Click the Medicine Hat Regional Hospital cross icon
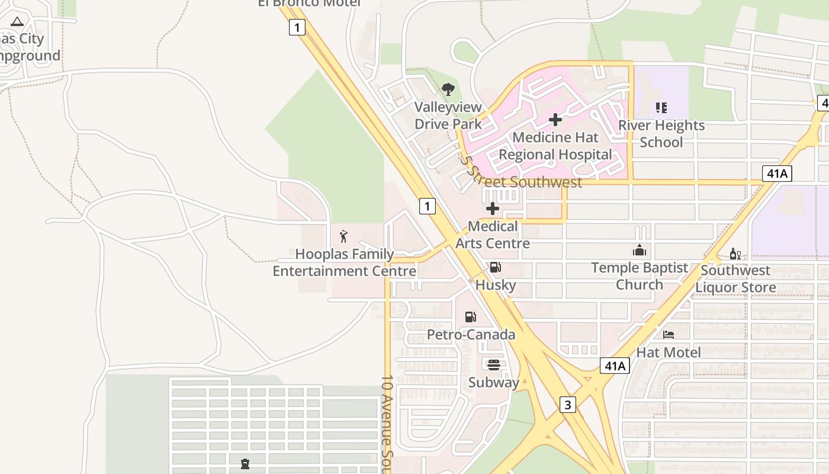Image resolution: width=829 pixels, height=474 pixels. tap(555, 120)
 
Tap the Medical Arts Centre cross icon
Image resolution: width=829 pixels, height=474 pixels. tap(492, 209)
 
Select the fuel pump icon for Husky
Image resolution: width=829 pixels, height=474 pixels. tap(495, 267)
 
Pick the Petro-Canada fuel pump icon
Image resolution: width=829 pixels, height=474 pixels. tap(470, 317)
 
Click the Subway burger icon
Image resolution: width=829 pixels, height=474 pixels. tap(494, 364)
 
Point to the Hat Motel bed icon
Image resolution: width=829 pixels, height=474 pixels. tap(669, 335)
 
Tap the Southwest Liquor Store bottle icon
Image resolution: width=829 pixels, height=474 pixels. tap(735, 254)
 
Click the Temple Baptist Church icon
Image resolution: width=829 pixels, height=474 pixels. tap(640, 250)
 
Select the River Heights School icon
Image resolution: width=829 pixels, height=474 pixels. tap(661, 108)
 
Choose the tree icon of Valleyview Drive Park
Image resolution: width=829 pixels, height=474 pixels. tap(448, 89)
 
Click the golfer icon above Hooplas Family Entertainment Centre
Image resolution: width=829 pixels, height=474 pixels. tap(344, 236)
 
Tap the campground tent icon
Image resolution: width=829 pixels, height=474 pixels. tap(17, 21)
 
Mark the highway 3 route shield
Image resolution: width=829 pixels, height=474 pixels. tap(567, 405)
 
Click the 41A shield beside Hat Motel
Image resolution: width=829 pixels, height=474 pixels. tap(614, 366)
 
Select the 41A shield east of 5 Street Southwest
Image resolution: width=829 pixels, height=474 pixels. tap(777, 173)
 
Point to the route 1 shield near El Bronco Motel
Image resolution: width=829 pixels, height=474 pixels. tap(297, 27)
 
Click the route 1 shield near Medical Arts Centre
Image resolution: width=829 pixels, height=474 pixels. tap(428, 206)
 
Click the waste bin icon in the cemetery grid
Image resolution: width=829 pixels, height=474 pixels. tap(245, 463)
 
